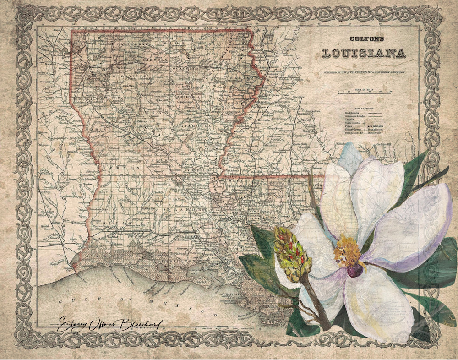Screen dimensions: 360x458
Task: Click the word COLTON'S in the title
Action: tap(364, 40)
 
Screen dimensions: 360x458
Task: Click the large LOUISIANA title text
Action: tap(364, 53)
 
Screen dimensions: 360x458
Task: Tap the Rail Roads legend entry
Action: tap(353, 111)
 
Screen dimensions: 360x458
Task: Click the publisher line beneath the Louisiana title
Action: tap(365, 72)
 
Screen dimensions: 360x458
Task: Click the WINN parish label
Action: tap(149, 111)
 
